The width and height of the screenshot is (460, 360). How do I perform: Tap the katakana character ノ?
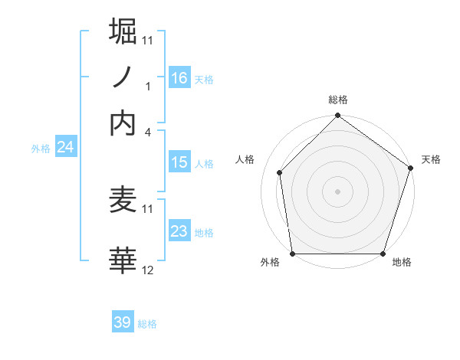coord(123,77)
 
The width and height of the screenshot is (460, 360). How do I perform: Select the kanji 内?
coord(123,123)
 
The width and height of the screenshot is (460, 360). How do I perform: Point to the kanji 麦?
coord(123,200)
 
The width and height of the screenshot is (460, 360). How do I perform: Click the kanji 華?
coord(123,260)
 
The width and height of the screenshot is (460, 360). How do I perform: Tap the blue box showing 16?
coord(179,78)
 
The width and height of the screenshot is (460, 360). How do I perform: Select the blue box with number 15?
coord(179,162)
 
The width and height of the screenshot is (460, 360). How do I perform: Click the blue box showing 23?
coord(179,231)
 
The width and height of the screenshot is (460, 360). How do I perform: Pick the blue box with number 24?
coord(65,147)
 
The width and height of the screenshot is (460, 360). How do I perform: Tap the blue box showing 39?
coord(123,322)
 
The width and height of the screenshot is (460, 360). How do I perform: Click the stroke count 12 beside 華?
coord(148,270)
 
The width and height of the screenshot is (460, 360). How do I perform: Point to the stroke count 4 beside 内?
coord(148,132)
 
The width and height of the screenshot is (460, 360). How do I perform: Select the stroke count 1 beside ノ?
coord(148,86)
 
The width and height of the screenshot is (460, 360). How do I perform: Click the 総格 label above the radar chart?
coord(338,100)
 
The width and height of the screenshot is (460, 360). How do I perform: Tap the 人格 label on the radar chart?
coord(245,159)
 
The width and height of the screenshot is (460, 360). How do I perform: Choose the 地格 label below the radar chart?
coord(402,262)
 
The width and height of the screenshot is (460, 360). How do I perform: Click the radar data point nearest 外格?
coord(292,254)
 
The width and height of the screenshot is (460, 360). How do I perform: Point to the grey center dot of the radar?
coord(337,191)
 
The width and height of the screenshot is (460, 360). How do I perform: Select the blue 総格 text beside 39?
coord(147,324)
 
